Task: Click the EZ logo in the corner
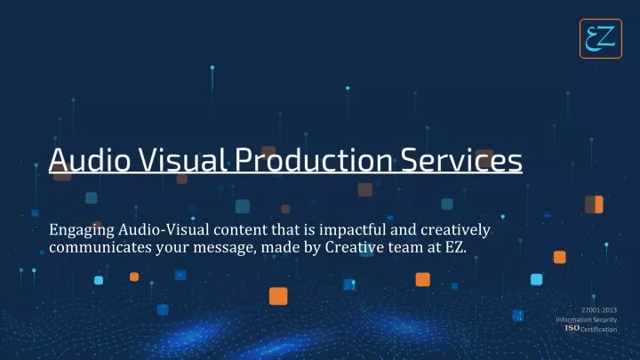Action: (x=600, y=38)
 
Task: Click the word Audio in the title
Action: (x=90, y=160)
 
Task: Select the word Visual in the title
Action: (x=182, y=160)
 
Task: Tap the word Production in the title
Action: (x=314, y=160)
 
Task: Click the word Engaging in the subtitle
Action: (x=82, y=230)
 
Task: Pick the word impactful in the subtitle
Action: (x=352, y=230)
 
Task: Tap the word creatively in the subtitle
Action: (x=455, y=230)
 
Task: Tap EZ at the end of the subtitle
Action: (x=455, y=247)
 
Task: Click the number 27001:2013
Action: (x=599, y=310)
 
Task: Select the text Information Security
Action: (x=586, y=320)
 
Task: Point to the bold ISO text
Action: (x=572, y=328)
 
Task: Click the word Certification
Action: (x=599, y=330)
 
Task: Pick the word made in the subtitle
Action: (x=280, y=247)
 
